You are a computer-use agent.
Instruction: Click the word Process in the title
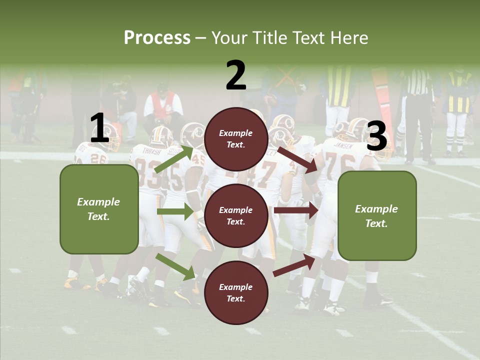157,37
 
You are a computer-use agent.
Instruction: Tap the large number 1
99,128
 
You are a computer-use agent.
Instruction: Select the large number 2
235,75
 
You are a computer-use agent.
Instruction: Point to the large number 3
376,136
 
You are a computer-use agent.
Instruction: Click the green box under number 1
99,209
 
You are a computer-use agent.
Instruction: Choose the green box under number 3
377,215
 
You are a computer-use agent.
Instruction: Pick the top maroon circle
236,139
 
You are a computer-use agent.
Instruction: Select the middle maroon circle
236,215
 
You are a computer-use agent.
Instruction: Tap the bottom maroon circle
236,292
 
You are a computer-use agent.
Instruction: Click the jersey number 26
98,158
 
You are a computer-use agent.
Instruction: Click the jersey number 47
265,172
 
